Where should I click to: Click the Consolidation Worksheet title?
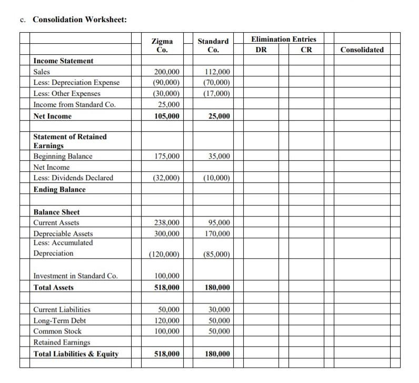click(79, 19)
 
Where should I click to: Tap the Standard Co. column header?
click(213, 45)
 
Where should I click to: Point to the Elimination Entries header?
click(284, 40)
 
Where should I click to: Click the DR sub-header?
click(261, 50)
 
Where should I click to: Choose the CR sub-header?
click(306, 50)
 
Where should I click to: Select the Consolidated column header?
click(362, 50)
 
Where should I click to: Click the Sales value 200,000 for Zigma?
click(166, 72)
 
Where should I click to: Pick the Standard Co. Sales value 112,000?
click(216, 72)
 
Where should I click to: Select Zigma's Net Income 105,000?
click(166, 116)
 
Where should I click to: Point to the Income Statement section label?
click(63, 61)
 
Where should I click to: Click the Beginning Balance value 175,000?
click(166, 156)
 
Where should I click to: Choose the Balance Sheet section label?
click(57, 212)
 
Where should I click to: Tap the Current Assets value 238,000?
click(166, 223)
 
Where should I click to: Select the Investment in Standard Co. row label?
click(75, 276)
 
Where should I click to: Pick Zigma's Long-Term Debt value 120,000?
click(166, 320)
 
